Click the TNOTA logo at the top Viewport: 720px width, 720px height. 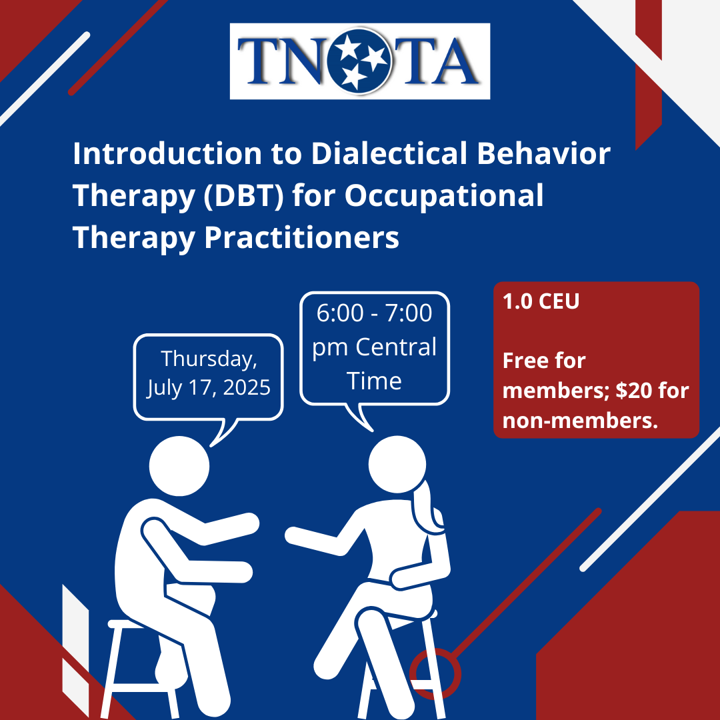[x=359, y=61]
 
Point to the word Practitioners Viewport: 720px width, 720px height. [x=302, y=237]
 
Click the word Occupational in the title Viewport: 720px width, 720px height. [x=444, y=195]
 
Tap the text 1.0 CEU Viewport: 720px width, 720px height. [x=541, y=302]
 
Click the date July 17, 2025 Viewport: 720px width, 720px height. [x=209, y=387]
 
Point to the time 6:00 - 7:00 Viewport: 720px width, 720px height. [x=374, y=313]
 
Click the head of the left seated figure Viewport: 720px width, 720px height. [x=179, y=465]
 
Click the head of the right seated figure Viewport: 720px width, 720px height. [x=397, y=465]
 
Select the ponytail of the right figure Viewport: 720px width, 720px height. [x=429, y=507]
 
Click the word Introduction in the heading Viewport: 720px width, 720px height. [x=167, y=153]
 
